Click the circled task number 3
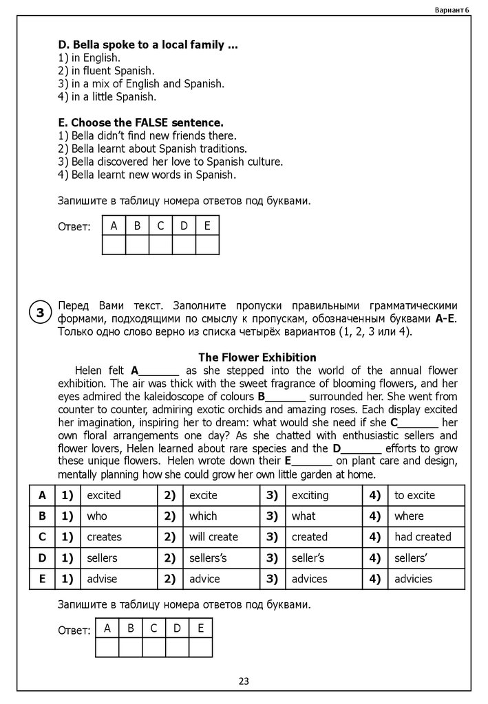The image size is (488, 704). [x=41, y=313]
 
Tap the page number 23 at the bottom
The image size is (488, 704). [x=244, y=681]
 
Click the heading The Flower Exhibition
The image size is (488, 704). [x=257, y=357]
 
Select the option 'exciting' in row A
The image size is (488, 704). [x=310, y=495]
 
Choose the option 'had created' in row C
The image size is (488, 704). [x=423, y=536]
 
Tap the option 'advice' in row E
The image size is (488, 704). [x=204, y=579]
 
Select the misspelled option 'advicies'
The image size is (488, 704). [x=413, y=579]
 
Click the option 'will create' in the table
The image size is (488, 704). [x=213, y=536]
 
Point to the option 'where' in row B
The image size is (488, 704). [x=409, y=516]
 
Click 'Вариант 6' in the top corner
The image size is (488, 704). [x=452, y=9]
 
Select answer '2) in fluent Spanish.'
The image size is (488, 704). [x=107, y=71]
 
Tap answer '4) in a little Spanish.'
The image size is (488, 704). [x=108, y=97]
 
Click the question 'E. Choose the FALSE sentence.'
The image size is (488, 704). [x=141, y=123]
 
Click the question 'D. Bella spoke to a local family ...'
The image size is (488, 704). [x=149, y=45]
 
